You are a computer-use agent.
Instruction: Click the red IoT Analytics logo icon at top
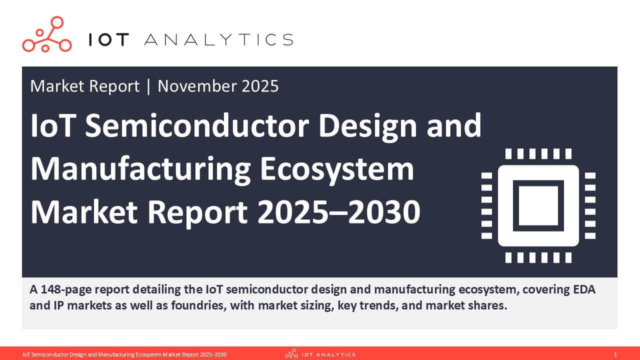click(46, 34)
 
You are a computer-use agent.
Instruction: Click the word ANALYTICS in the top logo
click(218, 40)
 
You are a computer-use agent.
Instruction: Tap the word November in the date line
click(197, 86)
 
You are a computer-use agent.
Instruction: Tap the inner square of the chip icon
click(538, 205)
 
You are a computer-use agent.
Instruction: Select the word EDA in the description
click(583, 289)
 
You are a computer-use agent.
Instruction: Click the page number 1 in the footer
click(615, 354)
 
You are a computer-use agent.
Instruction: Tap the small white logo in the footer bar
click(320, 354)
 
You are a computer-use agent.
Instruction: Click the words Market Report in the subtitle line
click(84, 86)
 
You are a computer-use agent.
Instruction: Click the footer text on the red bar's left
click(124, 354)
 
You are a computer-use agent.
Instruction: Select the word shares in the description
click(488, 305)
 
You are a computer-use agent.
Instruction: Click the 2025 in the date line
click(260, 86)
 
